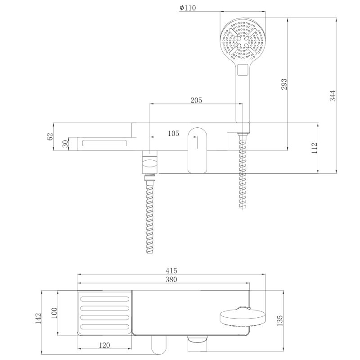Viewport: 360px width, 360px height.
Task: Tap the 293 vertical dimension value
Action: tap(284, 84)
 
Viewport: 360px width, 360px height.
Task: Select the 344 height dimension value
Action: tap(333, 96)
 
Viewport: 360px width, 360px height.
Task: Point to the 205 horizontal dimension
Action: tap(196, 100)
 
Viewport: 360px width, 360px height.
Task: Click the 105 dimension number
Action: tap(173, 133)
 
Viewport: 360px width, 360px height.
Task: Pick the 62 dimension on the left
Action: tap(49, 136)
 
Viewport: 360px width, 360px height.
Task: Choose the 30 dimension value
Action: tap(65, 144)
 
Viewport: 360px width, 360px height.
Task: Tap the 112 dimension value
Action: tap(315, 148)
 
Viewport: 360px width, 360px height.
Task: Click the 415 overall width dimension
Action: tap(171, 270)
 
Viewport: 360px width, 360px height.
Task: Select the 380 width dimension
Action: tap(171, 279)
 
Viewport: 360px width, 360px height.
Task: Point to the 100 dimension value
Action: tap(54, 313)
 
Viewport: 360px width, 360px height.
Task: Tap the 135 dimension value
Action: tap(279, 320)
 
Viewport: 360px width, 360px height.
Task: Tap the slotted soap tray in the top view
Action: tap(105, 313)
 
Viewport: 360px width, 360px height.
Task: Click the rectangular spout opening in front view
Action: tap(104, 144)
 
